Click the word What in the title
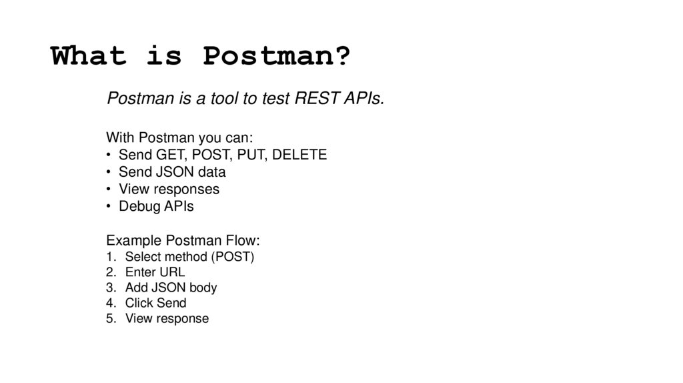[89, 56]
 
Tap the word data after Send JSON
[220, 172]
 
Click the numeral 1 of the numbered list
[109, 257]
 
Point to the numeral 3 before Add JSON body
[109, 288]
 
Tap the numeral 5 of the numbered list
[109, 318]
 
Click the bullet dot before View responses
[109, 189]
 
